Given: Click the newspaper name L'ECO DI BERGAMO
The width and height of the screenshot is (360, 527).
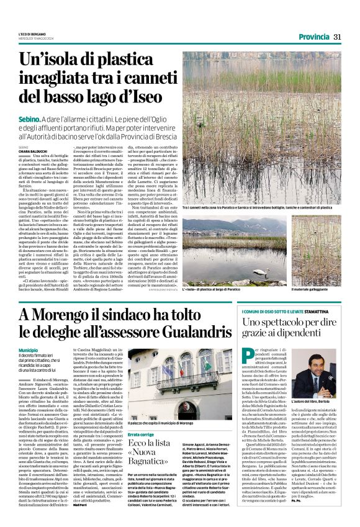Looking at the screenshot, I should pos(32,34).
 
